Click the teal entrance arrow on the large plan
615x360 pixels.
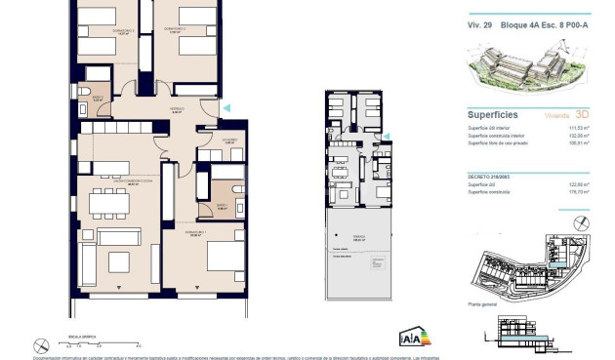[226, 106]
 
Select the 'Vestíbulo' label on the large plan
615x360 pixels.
[178, 110]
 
